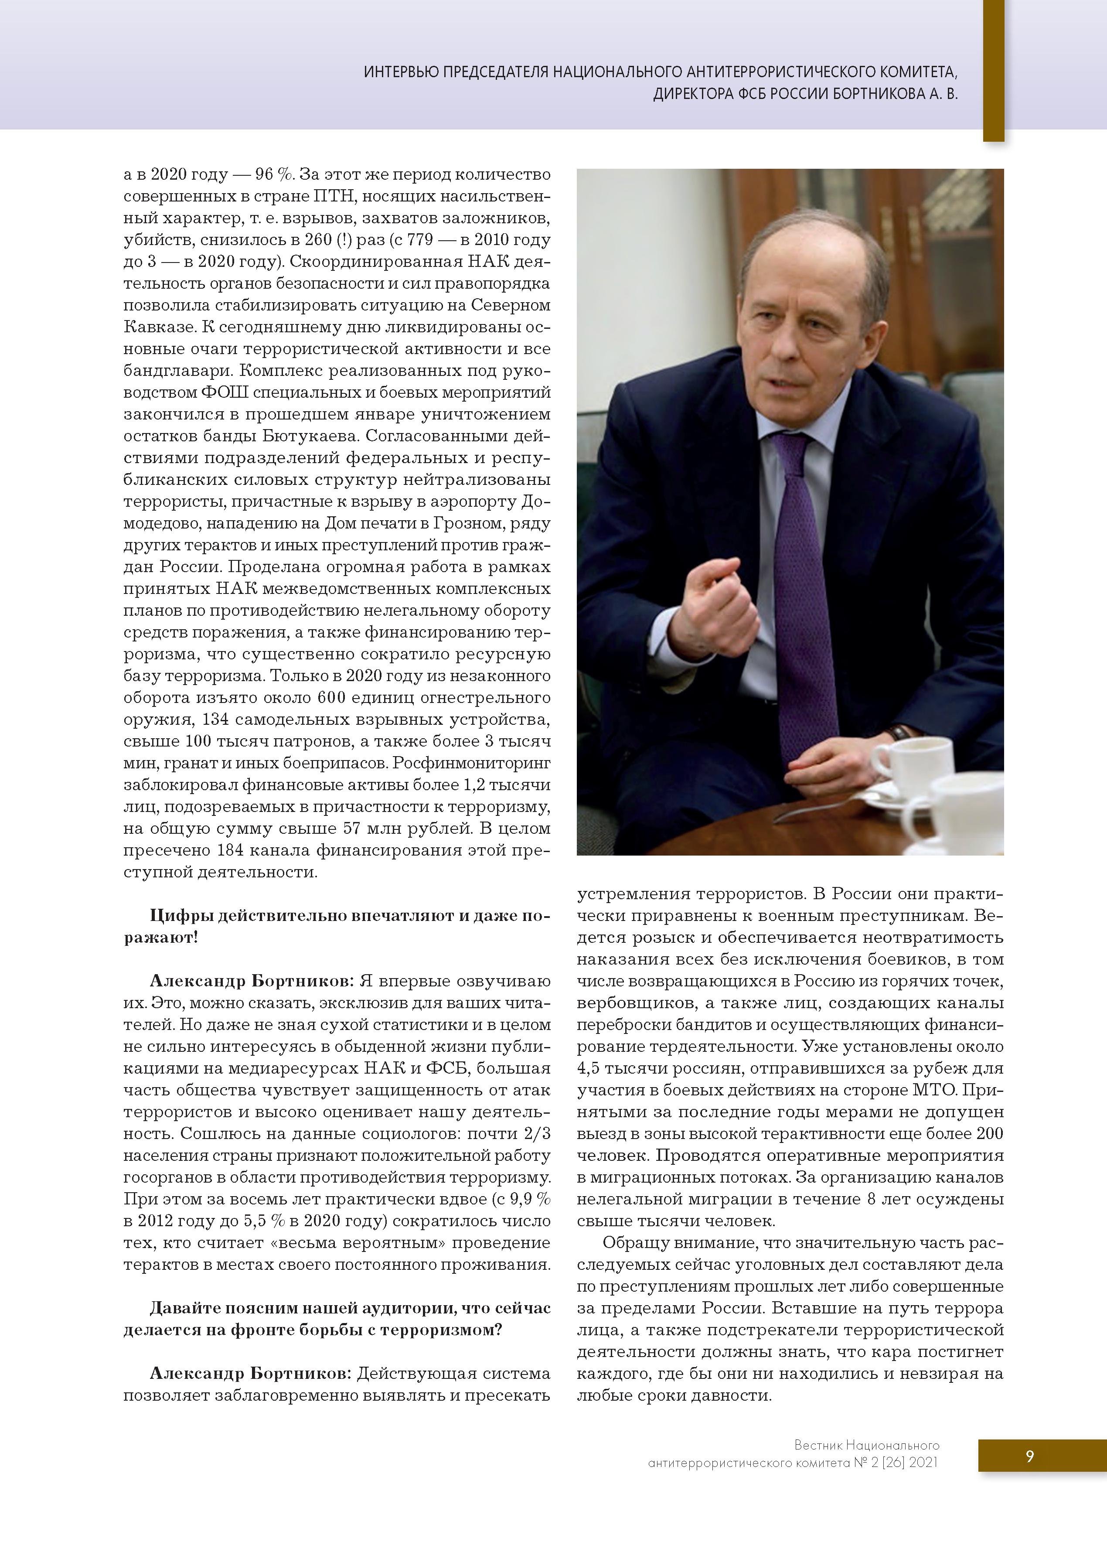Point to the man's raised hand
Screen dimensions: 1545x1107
pos(715,600)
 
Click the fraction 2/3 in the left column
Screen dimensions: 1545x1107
pos(536,1133)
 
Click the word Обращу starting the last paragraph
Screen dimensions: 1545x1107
pos(632,1242)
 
